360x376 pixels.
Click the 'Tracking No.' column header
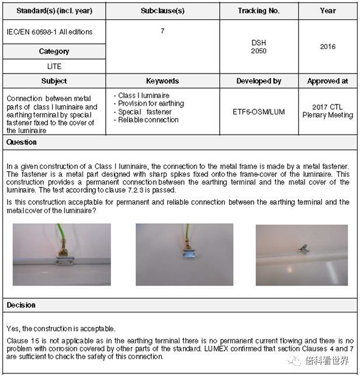click(x=258, y=11)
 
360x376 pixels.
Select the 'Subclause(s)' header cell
click(x=161, y=11)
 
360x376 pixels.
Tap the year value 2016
click(x=328, y=47)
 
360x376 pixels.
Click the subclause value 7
click(x=162, y=31)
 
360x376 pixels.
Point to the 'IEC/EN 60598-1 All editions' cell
click(x=50, y=32)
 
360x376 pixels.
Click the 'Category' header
click(x=54, y=51)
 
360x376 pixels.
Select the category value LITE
click(x=54, y=67)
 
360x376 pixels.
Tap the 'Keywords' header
click(x=162, y=81)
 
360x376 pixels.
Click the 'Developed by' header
click(x=258, y=81)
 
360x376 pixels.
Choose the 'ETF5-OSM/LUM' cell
click(x=258, y=112)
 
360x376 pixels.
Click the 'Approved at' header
click(x=327, y=81)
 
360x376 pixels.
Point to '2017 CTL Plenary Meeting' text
click(x=327, y=111)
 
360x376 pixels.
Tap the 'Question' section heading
click(x=22, y=142)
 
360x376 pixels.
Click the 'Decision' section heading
click(x=21, y=305)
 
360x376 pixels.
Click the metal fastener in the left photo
click(x=63, y=257)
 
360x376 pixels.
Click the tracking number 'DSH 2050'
click(x=258, y=47)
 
